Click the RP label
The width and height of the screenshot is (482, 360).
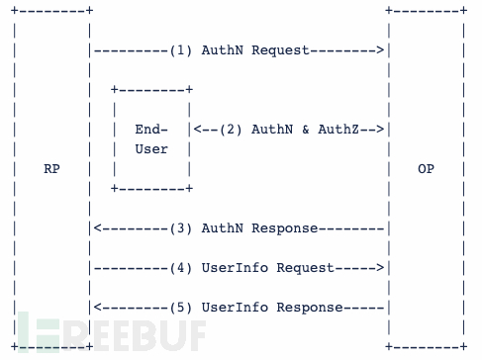click(x=51, y=168)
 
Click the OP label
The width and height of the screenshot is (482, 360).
click(x=426, y=168)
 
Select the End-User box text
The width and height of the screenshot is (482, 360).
click(x=151, y=139)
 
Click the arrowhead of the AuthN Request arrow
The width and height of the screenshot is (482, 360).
click(x=379, y=48)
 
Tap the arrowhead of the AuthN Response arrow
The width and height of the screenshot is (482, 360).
click(x=97, y=227)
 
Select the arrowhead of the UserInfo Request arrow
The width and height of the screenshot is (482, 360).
click(x=379, y=267)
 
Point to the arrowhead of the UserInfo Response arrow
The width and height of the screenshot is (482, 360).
click(x=97, y=307)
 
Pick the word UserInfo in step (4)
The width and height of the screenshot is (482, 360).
click(x=231, y=267)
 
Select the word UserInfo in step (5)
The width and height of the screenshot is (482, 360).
click(x=231, y=307)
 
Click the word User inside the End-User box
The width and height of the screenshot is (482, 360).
click(x=151, y=149)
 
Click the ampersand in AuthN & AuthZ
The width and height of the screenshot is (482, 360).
click(x=291, y=129)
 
